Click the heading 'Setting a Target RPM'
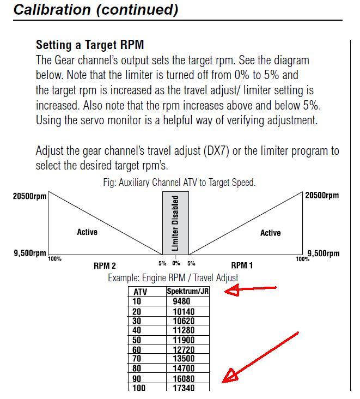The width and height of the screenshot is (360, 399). click(90, 45)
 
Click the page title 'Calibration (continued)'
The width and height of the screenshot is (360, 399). click(96, 9)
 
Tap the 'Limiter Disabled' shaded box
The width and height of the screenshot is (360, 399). click(175, 223)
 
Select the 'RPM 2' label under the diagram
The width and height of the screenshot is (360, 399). click(105, 266)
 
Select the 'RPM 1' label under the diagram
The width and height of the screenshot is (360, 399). click(242, 266)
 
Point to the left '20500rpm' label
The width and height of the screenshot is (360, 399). click(29, 196)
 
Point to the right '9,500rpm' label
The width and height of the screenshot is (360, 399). click(324, 253)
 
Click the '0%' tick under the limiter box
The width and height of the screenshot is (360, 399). click(176, 263)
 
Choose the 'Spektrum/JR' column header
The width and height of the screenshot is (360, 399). click(187, 291)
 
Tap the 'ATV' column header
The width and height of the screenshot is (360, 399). click(141, 292)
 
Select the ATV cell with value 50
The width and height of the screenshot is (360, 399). click(137, 340)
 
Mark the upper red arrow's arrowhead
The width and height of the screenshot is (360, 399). click(231, 291)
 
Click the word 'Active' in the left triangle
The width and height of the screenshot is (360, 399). click(87, 232)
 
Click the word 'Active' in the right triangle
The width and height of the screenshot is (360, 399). click(270, 233)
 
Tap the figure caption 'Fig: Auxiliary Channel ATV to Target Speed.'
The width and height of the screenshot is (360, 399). click(179, 183)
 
